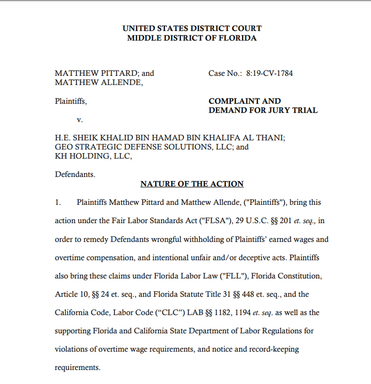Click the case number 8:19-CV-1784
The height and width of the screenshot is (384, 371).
[x=270, y=73]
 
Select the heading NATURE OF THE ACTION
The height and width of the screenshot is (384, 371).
[x=192, y=184]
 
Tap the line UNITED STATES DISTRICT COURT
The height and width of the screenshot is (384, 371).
[x=192, y=28]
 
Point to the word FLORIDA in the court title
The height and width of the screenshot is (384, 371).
[x=236, y=38]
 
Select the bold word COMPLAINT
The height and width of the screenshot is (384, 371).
[x=231, y=101]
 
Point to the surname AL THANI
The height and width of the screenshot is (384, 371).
[x=265, y=138]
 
